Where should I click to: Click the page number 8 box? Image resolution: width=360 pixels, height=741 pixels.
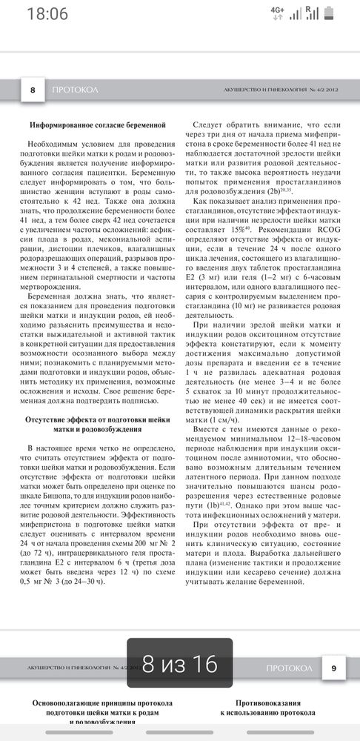pos(32,90)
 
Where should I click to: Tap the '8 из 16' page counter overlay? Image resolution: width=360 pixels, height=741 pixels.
pos(180,665)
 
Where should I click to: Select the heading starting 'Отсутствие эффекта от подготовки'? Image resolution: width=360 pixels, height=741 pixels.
pos(97,425)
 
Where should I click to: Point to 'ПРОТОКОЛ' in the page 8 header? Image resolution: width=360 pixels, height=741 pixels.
pos(76,90)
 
